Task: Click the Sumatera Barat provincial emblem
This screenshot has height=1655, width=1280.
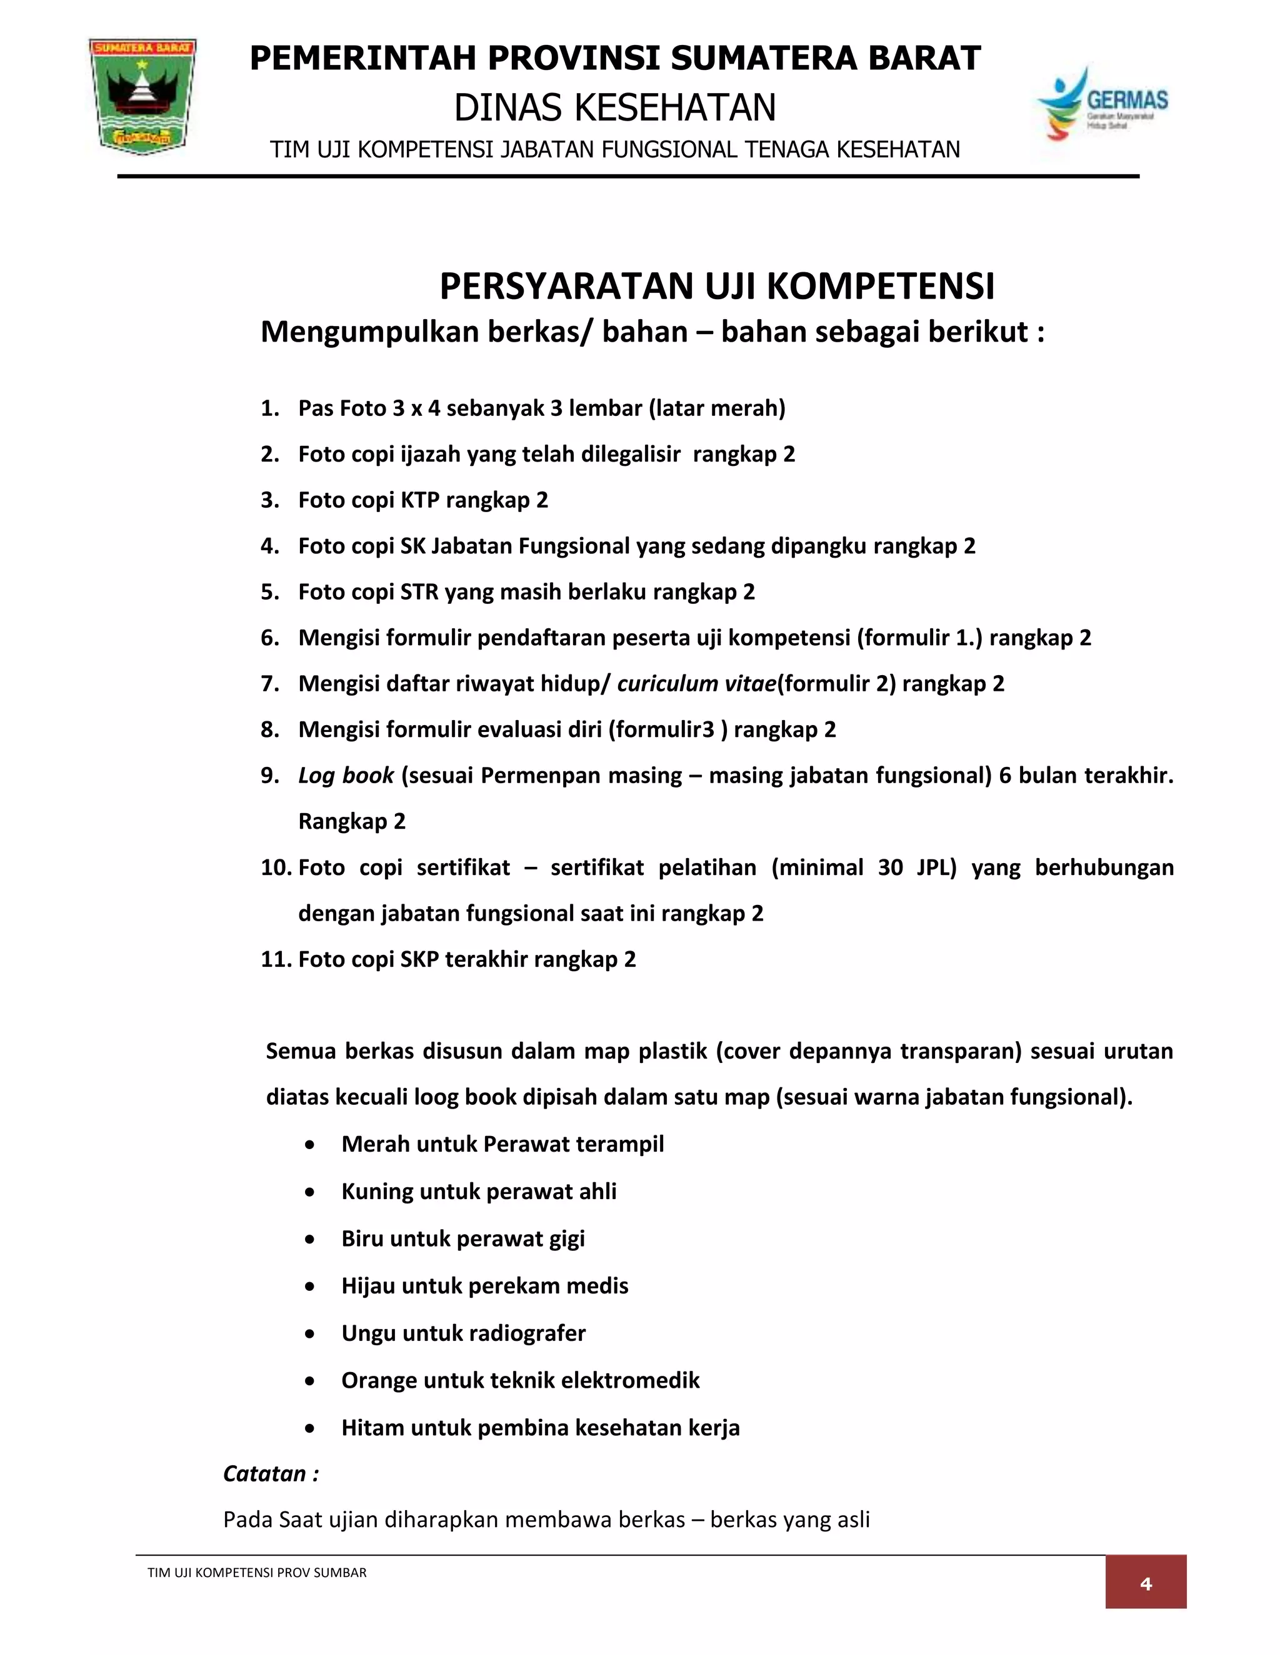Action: coord(142,96)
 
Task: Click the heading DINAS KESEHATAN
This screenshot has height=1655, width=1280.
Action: coord(615,107)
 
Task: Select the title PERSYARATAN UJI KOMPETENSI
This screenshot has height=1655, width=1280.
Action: coord(717,287)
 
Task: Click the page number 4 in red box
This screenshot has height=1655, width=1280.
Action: coord(1145,1583)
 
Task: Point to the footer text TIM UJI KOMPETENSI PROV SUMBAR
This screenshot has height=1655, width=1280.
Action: coord(256,1573)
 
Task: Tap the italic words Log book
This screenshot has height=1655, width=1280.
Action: coord(346,775)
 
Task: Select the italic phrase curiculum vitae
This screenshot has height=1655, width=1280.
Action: coord(696,683)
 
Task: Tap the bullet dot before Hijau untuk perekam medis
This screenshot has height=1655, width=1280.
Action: coord(309,1286)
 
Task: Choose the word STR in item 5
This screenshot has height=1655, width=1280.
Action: coord(419,592)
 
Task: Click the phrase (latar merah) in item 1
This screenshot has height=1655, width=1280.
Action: coord(717,408)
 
